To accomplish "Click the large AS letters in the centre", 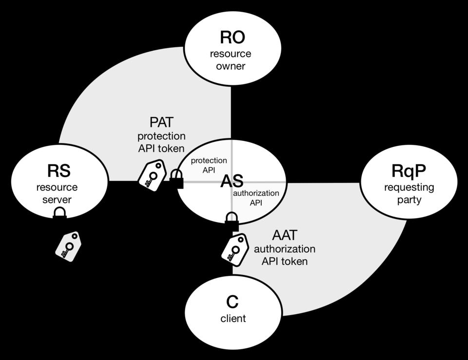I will pyautogui.click(x=232, y=182).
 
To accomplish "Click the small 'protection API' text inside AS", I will pyautogui.click(x=209, y=165).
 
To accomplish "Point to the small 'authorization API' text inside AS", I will pyautogui.click(x=256, y=198).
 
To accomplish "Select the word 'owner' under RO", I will pyautogui.click(x=231, y=66).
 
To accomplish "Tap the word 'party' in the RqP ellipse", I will pyautogui.click(x=409, y=200).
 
